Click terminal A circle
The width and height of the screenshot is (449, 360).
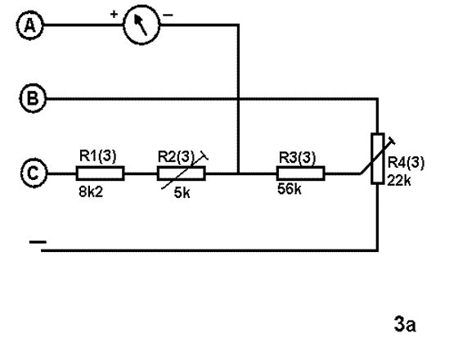30,25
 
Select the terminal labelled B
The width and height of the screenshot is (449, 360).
33,98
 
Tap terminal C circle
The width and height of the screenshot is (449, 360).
34,173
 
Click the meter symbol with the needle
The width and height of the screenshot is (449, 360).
141,25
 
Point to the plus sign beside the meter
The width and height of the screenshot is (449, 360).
114,14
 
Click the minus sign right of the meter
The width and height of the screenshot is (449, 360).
168,15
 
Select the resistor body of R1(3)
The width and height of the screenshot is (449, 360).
101,173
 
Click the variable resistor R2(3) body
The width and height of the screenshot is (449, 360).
182,173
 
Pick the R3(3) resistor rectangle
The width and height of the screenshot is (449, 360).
301,173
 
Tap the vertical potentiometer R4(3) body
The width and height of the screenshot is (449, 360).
378,159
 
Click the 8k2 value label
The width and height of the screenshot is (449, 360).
91,192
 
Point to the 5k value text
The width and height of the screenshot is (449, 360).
182,193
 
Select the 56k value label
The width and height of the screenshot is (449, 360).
290,189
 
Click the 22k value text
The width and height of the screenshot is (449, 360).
399,181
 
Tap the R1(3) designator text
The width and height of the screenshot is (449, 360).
97,155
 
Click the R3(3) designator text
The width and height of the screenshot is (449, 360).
297,158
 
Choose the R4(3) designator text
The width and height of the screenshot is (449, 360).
406,163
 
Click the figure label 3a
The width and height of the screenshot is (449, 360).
405,324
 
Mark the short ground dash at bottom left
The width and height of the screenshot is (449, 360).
38,242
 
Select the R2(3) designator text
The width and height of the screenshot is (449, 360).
176,156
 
